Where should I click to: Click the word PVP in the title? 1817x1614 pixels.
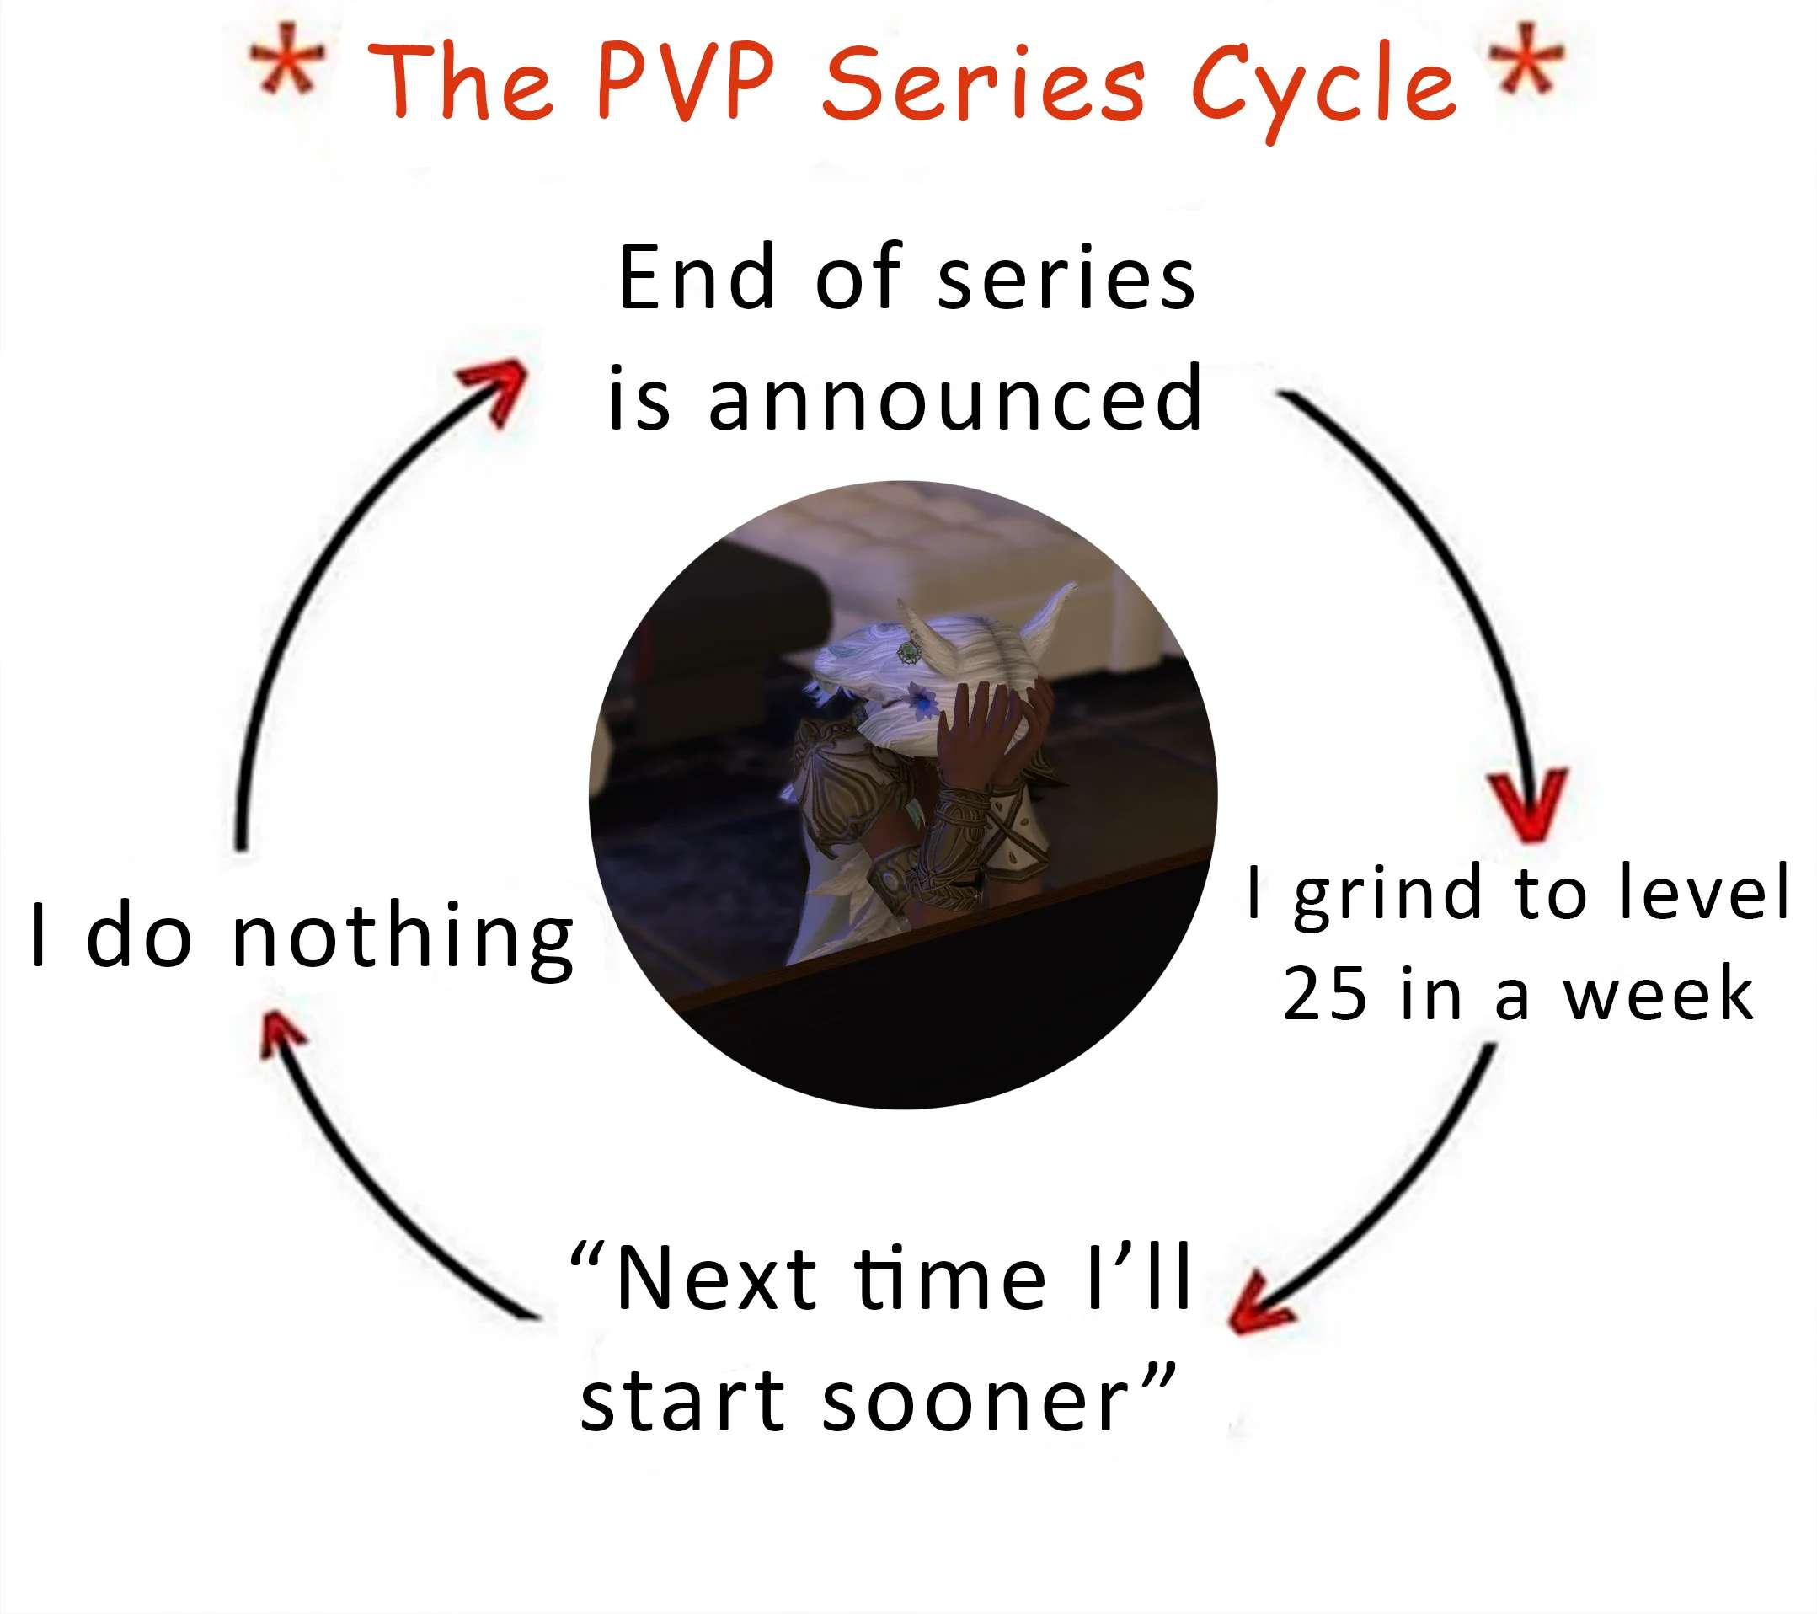[x=685, y=81]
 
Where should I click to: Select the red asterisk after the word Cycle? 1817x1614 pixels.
[x=1526, y=59]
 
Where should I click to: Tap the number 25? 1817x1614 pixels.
[x=1323, y=994]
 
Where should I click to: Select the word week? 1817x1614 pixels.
[x=1659, y=994]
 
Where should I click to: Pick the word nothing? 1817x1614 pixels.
[x=403, y=939]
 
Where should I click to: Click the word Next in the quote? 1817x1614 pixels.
[x=716, y=1279]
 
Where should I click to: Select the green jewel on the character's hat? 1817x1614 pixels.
[x=910, y=652]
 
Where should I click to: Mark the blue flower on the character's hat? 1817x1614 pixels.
[x=924, y=703]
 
